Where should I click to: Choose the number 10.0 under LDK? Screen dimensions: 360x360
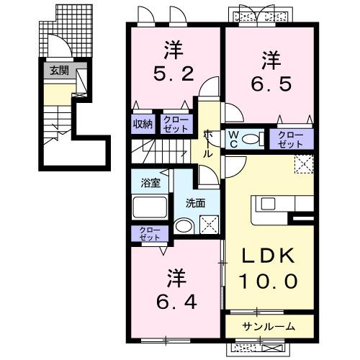tap(269, 282)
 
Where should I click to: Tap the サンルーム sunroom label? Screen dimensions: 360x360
tap(268, 326)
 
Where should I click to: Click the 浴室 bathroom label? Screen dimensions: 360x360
tap(150, 183)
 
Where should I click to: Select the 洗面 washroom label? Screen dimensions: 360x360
tap(196, 203)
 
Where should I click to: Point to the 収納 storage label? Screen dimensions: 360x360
tap(143, 123)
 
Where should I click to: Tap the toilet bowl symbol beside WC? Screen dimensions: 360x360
tap(253, 140)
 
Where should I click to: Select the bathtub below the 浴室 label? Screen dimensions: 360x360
tap(150, 209)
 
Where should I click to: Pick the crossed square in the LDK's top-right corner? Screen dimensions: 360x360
tap(304, 163)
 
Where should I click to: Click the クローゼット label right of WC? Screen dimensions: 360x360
tap(291, 139)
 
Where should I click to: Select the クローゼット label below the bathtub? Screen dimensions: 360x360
tap(150, 233)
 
